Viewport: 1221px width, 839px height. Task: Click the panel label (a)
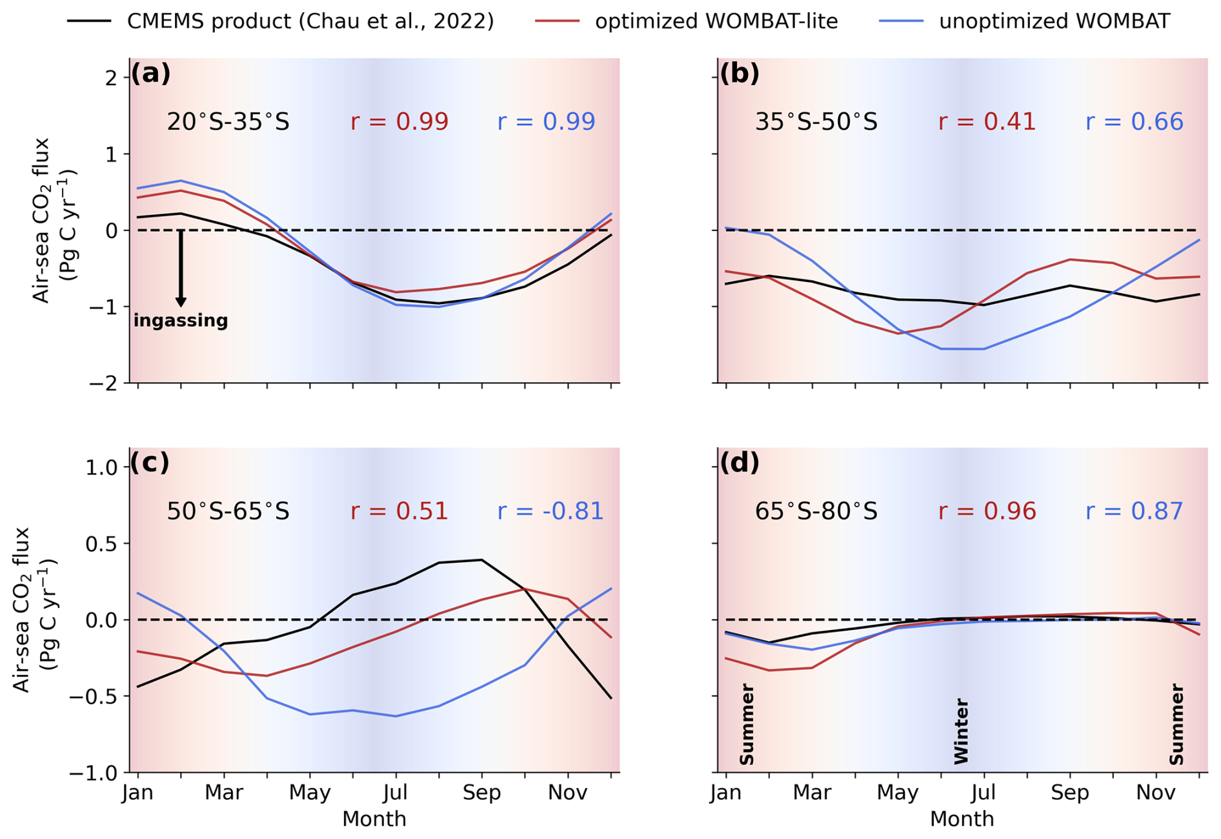[151, 74]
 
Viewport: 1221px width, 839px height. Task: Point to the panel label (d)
[740, 463]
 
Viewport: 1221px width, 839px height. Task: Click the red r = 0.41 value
[987, 122]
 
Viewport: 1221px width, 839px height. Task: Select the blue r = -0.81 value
[550, 511]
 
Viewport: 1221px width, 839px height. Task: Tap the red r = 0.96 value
[987, 511]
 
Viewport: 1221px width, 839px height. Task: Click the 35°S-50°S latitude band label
[816, 122]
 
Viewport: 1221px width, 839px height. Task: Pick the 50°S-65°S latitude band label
[228, 511]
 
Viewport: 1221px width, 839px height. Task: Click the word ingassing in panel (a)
[181, 321]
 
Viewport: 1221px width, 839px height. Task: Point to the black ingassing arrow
[181, 268]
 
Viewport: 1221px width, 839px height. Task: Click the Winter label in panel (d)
[962, 731]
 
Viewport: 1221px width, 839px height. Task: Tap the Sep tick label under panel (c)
[481, 793]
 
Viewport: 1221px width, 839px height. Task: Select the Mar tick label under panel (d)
[812, 793]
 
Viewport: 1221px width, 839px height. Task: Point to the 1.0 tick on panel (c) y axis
[102, 467]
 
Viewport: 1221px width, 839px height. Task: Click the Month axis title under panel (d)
[962, 819]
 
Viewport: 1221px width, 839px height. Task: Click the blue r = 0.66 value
[1134, 122]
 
